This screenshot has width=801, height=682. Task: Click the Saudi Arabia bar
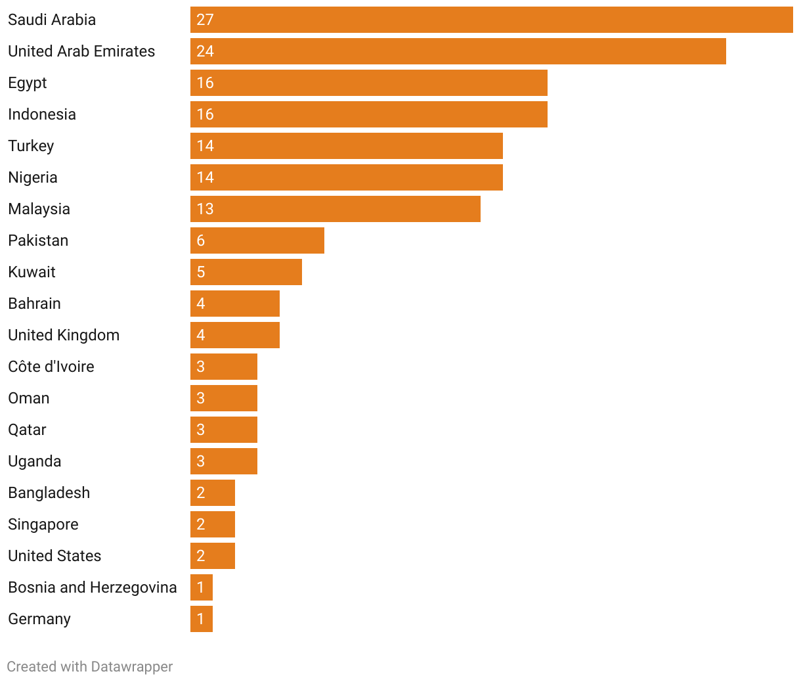(x=491, y=20)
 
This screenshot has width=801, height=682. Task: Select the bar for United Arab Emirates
(x=458, y=51)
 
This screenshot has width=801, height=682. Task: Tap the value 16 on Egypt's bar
(x=205, y=83)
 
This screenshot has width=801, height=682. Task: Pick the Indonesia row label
(x=42, y=114)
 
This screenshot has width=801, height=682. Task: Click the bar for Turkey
(x=346, y=146)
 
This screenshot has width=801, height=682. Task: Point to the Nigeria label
(x=33, y=177)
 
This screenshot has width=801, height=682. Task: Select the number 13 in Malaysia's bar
(x=205, y=209)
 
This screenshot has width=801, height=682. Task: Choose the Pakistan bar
(x=257, y=240)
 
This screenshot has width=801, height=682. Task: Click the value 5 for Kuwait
(x=201, y=272)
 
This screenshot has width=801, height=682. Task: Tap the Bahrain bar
(x=234, y=304)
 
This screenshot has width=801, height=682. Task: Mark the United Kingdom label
(x=64, y=335)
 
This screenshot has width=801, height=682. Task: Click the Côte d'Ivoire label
(x=51, y=367)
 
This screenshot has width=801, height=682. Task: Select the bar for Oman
(x=223, y=398)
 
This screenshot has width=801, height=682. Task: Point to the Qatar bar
(x=223, y=430)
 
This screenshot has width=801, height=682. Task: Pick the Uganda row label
(x=35, y=461)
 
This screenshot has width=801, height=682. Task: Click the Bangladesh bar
(x=212, y=493)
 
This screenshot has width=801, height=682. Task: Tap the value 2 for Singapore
(x=201, y=524)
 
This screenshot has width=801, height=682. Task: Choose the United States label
(x=54, y=556)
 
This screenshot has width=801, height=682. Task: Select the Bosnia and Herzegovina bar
(x=201, y=587)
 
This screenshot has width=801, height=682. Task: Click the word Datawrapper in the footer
(x=131, y=666)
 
